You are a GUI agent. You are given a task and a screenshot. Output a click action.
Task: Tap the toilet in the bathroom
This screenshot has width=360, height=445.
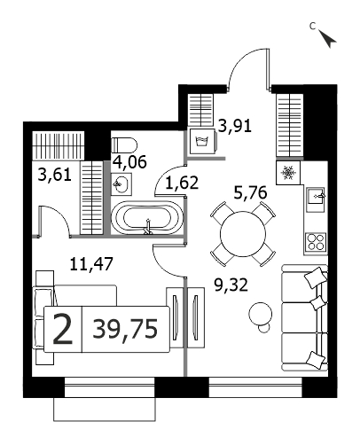[x=124, y=145]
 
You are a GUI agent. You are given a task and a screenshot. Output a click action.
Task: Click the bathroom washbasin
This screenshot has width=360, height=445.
[x=121, y=184]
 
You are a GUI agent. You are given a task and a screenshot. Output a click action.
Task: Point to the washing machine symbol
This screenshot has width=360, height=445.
[x=202, y=141]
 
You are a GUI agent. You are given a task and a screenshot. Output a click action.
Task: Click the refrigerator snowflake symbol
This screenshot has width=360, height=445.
[x=288, y=173]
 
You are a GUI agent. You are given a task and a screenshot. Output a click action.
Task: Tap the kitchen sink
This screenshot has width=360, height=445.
[x=316, y=196]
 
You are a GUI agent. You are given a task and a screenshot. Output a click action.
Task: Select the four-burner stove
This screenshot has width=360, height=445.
[x=316, y=242]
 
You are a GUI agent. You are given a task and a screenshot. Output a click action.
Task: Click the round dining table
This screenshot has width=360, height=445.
[x=243, y=234]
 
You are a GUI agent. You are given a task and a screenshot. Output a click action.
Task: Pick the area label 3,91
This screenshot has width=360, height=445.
[x=235, y=126]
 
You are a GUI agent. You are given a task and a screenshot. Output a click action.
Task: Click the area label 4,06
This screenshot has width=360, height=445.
[x=129, y=162]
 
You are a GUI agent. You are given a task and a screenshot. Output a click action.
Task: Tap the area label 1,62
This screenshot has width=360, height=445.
[x=182, y=183]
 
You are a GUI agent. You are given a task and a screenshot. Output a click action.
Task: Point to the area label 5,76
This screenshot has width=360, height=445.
[x=250, y=192]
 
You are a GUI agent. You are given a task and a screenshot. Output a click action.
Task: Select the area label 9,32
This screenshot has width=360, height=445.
[x=231, y=285]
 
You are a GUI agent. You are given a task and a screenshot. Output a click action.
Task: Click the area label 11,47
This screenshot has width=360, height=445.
[x=91, y=263]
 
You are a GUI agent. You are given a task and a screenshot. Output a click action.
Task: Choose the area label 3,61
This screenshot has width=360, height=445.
[x=55, y=175]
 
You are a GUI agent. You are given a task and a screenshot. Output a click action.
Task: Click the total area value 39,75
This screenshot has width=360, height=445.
[x=125, y=329]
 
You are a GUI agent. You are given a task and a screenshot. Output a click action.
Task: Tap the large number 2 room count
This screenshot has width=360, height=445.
[x=62, y=329]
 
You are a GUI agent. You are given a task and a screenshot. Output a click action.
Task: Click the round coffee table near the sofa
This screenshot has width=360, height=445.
[x=260, y=314]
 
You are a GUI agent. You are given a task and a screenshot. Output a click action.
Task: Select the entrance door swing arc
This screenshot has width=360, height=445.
[x=238, y=60]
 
